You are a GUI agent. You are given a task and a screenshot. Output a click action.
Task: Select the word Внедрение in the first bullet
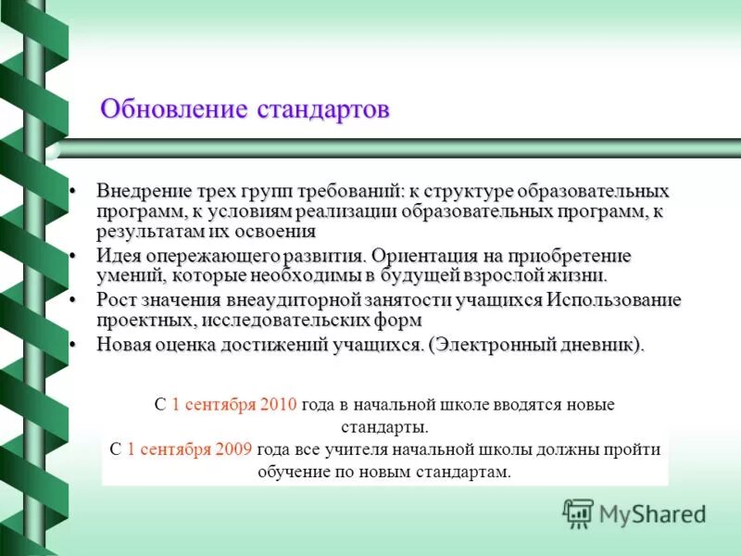140,192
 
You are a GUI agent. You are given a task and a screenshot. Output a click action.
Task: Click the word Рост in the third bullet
116,300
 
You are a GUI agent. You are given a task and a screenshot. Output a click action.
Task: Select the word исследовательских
285,321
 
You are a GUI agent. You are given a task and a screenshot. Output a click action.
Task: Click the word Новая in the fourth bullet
122,344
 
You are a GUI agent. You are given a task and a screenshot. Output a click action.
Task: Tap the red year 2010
278,405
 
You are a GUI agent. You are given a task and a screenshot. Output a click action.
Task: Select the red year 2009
233,449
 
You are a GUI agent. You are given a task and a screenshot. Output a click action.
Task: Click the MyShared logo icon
578,512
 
